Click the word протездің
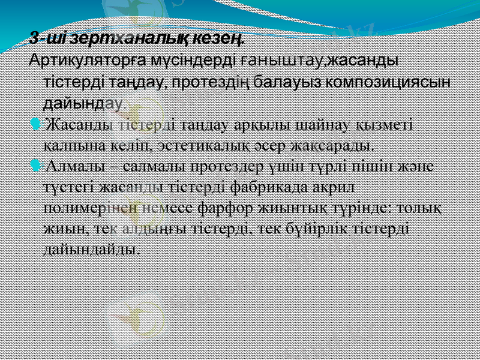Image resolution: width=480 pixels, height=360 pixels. point(214,81)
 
